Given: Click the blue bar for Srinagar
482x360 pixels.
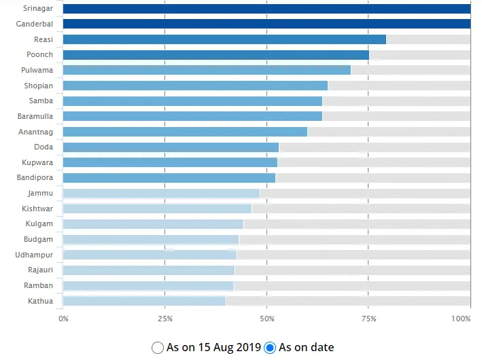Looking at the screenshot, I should point(266,9).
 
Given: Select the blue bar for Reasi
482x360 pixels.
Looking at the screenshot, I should point(224,39).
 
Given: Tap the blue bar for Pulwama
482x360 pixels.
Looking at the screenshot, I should point(207,70).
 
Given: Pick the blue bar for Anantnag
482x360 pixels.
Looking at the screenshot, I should point(185,132).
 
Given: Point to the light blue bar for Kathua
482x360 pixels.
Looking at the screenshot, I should point(144,301).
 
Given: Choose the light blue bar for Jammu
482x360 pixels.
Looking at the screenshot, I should point(161,194).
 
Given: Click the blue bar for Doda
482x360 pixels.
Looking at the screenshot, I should point(171,147).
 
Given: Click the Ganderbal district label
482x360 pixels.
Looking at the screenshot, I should point(34,24).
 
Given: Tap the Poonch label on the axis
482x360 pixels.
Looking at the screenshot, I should point(39,55).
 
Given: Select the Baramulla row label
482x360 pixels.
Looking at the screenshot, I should point(35,116).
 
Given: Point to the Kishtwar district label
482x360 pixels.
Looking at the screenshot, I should point(37,209).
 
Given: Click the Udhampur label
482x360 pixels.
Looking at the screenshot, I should point(34,255).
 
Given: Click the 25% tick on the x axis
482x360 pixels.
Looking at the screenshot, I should point(165,319).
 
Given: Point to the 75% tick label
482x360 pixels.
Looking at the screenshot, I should point(368,319).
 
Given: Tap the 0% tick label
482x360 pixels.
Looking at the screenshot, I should point(63,319).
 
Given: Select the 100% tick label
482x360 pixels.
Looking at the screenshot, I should point(461,319).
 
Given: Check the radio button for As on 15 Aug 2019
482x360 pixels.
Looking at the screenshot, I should point(158,348).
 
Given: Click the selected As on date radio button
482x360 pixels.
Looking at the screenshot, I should point(270,348).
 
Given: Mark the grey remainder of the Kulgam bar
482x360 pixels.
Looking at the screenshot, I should point(357,224).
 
